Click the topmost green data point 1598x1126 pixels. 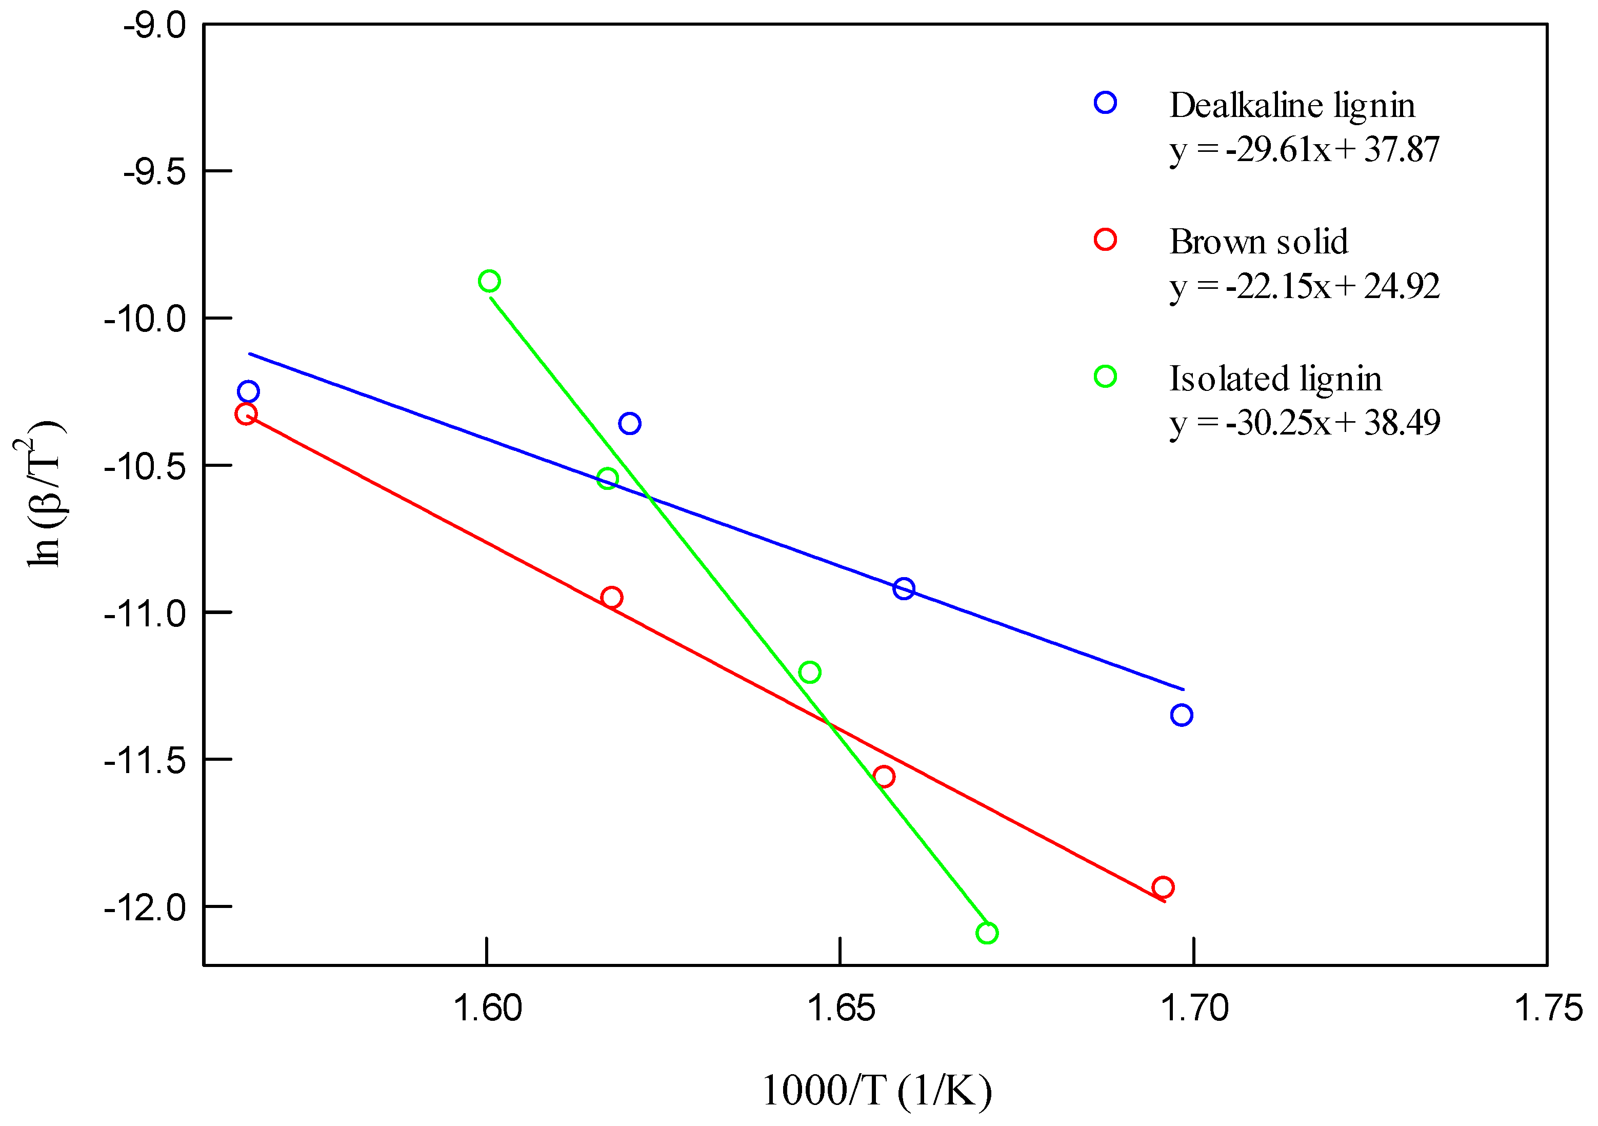click(489, 281)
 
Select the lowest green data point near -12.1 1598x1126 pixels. click(987, 933)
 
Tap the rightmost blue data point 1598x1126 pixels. click(1182, 715)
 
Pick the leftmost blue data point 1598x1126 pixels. click(248, 391)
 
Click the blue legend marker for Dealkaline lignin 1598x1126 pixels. click(1105, 103)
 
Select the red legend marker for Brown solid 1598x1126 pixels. click(1105, 240)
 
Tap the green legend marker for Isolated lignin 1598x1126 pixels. click(1105, 377)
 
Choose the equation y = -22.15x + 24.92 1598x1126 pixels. click(1304, 286)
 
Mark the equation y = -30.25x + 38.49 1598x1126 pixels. click(1304, 423)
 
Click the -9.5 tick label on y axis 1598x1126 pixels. click(154, 172)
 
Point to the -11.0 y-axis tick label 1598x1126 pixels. click(145, 614)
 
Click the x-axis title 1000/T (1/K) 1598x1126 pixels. click(877, 1091)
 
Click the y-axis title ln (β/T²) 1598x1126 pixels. click(42, 495)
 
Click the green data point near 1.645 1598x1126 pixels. click(809, 672)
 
